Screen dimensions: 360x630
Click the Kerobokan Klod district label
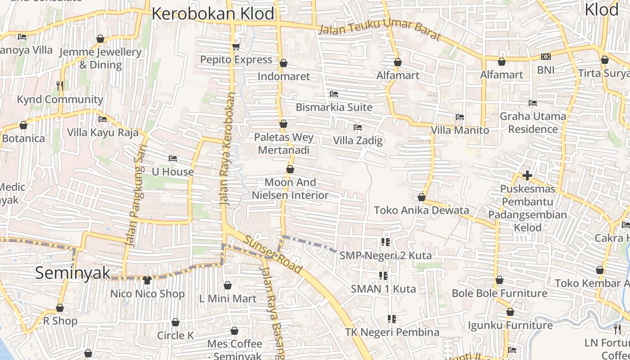coord(212,13)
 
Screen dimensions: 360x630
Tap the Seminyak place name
coord(72,273)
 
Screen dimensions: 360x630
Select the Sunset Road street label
coord(273,254)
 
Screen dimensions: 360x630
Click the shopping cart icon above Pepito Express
coord(236,46)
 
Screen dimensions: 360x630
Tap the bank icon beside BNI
coord(545,57)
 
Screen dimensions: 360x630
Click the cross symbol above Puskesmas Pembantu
coord(527,175)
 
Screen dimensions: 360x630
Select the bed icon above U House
coord(172,158)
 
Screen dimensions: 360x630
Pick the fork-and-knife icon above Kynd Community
coord(60,85)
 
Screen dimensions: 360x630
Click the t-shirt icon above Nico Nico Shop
coord(147,280)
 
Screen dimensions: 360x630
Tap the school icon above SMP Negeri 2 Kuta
coord(385,242)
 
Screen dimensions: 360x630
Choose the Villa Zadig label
coord(358,140)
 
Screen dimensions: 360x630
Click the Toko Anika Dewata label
coord(422,210)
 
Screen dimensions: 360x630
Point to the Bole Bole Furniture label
coord(499,293)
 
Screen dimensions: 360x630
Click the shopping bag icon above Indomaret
coord(283,63)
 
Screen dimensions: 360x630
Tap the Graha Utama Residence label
coord(533,123)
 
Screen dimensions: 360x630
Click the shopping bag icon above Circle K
coord(175,323)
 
